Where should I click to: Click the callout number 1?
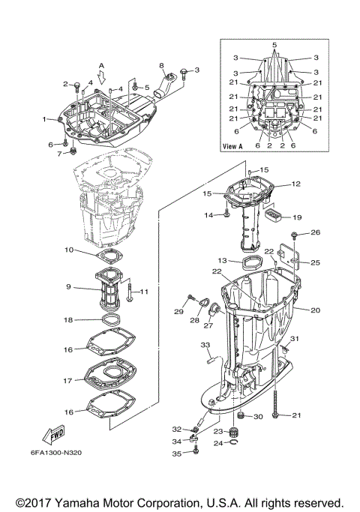coord(44,118)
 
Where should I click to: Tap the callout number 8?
coord(160,66)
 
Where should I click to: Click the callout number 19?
coord(297,217)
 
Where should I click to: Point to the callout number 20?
coord(315,310)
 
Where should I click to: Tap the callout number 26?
coord(316,232)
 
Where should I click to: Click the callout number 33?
coord(204,345)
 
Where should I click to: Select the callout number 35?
coord(177,454)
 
